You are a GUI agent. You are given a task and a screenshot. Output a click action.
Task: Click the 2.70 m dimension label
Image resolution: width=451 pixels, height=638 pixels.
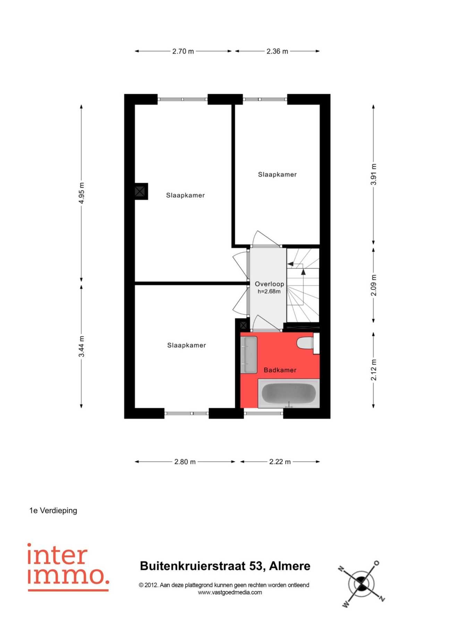[x=183, y=51]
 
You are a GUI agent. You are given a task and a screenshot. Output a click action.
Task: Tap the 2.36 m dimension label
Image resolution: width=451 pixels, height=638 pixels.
[x=277, y=51]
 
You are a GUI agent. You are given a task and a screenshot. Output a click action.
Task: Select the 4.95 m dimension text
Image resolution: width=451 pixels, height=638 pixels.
[x=82, y=193]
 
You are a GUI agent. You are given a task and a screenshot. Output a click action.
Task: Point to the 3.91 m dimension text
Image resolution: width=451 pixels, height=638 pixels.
[x=374, y=174]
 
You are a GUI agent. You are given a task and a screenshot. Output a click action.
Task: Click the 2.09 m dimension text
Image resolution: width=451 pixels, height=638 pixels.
[x=374, y=285]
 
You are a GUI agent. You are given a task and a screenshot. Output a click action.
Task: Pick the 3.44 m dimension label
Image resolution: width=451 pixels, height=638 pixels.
[x=82, y=346]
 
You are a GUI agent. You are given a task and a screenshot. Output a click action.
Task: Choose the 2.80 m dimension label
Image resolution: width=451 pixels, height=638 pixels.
[x=185, y=462]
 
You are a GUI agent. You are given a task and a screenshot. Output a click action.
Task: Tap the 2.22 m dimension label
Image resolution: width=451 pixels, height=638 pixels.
[x=280, y=462]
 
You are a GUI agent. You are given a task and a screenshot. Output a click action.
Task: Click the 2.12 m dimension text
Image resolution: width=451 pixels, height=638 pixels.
[x=374, y=370]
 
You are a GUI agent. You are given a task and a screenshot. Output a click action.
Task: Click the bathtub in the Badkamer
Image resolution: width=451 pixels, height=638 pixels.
[x=289, y=393]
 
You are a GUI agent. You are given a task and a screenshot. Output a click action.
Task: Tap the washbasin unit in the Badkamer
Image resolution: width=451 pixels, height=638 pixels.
[x=249, y=354]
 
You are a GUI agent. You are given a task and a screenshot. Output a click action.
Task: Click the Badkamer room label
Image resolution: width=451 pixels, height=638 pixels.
[x=280, y=370]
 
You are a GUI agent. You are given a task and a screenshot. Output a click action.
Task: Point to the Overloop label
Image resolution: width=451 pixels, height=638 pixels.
[x=270, y=284]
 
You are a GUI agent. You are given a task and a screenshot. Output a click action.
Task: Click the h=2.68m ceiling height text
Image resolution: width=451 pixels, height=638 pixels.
[x=269, y=292]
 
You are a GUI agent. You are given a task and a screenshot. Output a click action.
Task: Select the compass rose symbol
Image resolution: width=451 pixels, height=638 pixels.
[x=362, y=584]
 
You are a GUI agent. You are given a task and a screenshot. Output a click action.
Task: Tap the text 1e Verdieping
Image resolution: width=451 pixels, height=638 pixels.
[x=53, y=511]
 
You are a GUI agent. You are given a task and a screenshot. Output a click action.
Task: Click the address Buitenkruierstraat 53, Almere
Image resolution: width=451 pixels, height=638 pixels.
[x=225, y=566]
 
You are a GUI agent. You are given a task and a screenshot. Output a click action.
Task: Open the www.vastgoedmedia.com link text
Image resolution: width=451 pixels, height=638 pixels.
[x=230, y=593]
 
